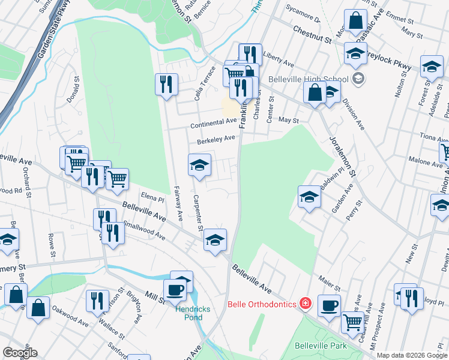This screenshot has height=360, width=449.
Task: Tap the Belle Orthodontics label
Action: click(262, 304)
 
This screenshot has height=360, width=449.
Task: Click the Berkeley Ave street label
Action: click(216, 140)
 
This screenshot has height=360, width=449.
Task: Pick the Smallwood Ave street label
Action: click(143, 232)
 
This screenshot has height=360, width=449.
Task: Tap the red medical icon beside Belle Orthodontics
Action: click(306, 304)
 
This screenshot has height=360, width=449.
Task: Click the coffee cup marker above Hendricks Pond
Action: click(175, 290)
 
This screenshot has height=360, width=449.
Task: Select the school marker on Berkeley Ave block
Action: click(199, 165)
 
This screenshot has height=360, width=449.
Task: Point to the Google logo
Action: click(20, 353)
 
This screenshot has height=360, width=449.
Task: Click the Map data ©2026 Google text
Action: click(412, 355)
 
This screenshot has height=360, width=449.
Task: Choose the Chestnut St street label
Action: click(312, 34)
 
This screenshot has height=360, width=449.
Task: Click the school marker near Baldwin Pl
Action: click(309, 197)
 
